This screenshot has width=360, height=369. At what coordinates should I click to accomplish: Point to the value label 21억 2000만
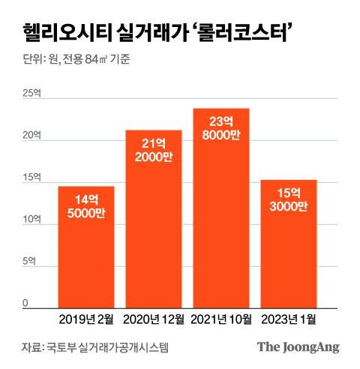pos(154,153)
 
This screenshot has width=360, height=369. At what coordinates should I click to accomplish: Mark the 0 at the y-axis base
pos(25,303)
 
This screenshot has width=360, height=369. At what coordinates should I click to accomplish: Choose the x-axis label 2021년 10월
pos(221,319)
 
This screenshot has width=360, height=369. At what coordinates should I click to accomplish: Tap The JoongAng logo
pos(298,346)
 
